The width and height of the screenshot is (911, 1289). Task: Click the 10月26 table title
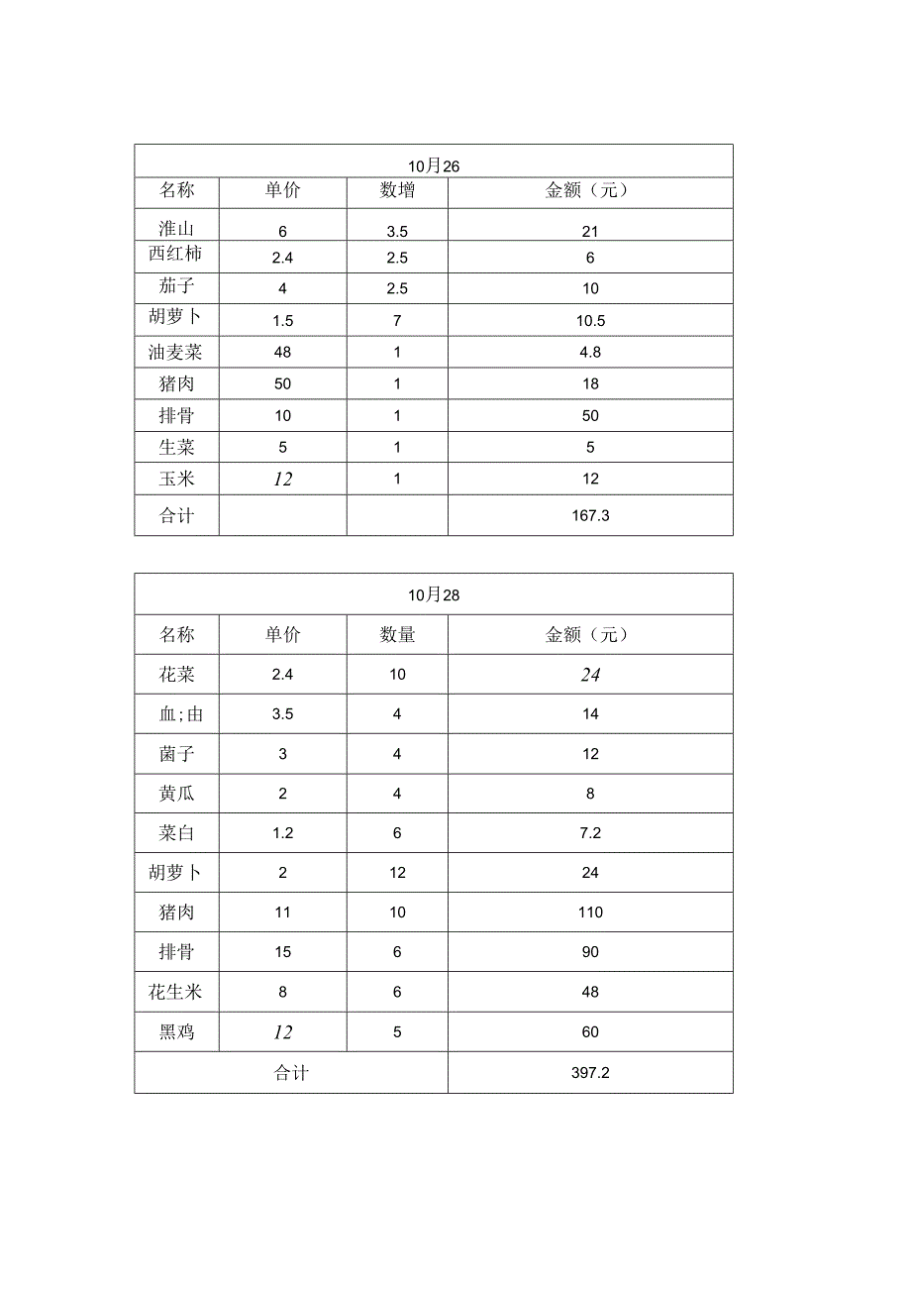point(434,165)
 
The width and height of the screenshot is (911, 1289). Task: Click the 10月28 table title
point(434,595)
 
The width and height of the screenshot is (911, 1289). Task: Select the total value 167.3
point(590,516)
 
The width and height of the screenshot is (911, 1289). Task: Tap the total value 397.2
point(590,1073)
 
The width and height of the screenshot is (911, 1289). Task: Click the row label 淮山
point(176,229)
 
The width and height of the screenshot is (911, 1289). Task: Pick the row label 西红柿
point(175,255)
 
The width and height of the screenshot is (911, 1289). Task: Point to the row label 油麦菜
point(175,352)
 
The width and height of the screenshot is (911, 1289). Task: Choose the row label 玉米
point(176,479)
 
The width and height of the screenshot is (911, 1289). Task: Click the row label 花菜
point(176,675)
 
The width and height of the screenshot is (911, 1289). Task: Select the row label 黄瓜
point(176,794)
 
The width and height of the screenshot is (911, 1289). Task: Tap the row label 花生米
point(175,992)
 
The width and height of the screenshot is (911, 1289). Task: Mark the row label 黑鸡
point(176,1032)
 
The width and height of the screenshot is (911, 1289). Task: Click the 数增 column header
point(397,191)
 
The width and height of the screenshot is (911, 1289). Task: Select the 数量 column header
point(397,635)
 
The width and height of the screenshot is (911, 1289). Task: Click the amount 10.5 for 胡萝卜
point(590,321)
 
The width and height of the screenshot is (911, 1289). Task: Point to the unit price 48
point(282,352)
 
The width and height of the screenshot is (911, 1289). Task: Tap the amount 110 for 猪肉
point(590,913)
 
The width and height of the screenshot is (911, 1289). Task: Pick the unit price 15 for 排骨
point(282,952)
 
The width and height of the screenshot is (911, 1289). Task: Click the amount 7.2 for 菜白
point(590,833)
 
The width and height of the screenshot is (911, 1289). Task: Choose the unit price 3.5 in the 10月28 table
point(282,714)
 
